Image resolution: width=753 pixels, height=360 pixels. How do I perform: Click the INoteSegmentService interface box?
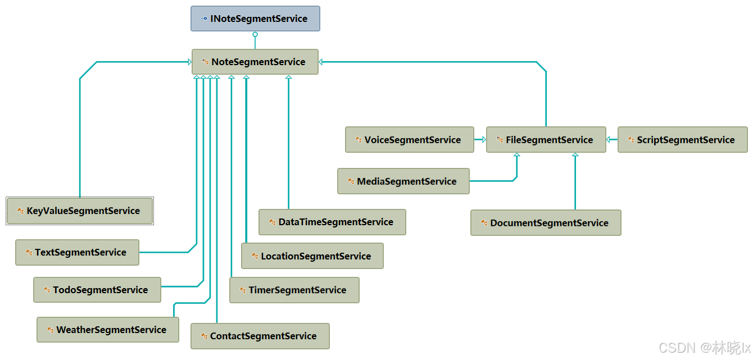tap(255, 19)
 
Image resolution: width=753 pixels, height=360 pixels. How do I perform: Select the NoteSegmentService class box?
tap(255, 62)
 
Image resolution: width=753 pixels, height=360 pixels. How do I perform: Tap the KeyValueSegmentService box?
tap(80, 211)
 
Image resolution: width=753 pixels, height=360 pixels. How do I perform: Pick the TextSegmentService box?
tap(77, 253)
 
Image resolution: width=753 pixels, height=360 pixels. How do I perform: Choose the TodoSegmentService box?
tap(97, 290)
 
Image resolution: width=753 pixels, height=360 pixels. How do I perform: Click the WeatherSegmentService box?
tap(108, 330)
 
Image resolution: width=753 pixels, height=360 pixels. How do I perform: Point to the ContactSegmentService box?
tap(260, 336)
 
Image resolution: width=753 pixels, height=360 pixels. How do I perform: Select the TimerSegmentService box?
tap(294, 290)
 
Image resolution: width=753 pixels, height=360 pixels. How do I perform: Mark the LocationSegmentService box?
tap(312, 256)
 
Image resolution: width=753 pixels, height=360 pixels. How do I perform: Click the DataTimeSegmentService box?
tap(332, 222)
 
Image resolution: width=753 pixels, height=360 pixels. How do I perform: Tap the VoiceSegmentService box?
tap(409, 140)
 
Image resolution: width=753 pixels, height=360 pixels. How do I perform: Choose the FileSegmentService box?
tap(546, 140)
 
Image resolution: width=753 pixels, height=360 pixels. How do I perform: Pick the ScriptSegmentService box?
tap(683, 140)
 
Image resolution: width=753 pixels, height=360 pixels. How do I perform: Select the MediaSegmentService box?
tap(403, 181)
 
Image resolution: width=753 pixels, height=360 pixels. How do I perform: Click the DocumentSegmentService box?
tap(546, 223)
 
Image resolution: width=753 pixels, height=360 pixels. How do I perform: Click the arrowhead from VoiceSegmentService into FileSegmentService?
tap(484, 140)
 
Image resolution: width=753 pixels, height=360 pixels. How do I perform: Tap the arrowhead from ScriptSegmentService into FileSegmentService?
tap(609, 140)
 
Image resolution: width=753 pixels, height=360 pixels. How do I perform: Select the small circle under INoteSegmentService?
tap(255, 35)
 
